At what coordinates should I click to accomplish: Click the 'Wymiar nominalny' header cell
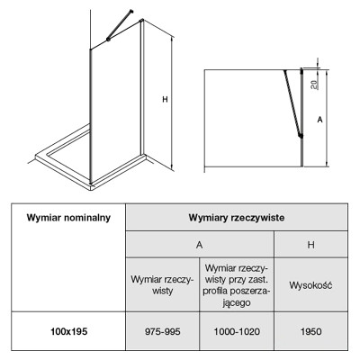click(68, 218)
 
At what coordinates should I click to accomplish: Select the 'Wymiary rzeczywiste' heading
click(237, 218)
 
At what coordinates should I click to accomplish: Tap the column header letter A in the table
click(200, 245)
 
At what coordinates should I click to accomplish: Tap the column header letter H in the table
click(311, 245)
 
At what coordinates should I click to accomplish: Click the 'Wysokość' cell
click(310, 285)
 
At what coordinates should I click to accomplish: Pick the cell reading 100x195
click(68, 331)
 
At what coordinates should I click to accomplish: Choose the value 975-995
click(163, 331)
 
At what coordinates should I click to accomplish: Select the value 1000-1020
click(237, 331)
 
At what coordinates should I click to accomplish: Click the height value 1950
click(311, 331)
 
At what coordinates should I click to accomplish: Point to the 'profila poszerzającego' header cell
click(237, 285)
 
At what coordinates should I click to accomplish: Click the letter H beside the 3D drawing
click(165, 99)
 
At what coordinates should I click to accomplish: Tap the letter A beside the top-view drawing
click(320, 120)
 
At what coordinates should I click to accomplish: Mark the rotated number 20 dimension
click(314, 85)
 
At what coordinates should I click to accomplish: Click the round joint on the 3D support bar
click(108, 40)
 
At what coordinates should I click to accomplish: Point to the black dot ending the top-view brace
click(301, 136)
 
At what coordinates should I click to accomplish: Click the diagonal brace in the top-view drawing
click(292, 103)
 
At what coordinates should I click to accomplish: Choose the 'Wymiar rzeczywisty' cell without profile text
click(163, 285)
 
